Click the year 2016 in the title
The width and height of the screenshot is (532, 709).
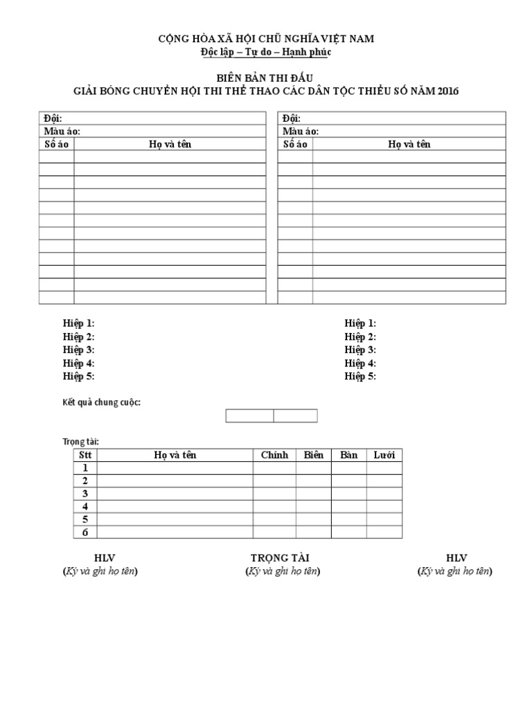tap(448, 91)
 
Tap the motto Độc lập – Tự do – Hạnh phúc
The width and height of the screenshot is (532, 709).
tap(266, 51)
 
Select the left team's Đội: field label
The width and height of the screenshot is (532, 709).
tap(53, 118)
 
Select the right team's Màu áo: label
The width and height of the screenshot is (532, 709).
tap(301, 132)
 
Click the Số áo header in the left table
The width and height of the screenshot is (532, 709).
tap(57, 144)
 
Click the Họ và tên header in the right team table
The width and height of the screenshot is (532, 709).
tap(409, 144)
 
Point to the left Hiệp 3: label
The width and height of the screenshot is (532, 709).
tap(78, 350)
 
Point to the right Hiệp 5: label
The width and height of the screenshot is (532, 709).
tap(360, 376)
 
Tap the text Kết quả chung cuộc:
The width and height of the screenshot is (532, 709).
tap(102, 402)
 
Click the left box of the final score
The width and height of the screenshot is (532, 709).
tap(250, 415)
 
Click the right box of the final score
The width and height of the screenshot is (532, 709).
tap(296, 415)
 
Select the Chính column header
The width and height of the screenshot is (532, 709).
tap(274, 455)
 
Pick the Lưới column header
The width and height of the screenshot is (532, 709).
tap(384, 455)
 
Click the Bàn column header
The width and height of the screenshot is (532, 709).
tap(348, 455)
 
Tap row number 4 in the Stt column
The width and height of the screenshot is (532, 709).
tap(85, 506)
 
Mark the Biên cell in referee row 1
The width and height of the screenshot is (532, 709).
tap(314, 468)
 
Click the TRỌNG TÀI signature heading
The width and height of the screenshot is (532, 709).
tap(280, 558)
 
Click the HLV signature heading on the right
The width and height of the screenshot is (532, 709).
tap(456, 558)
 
